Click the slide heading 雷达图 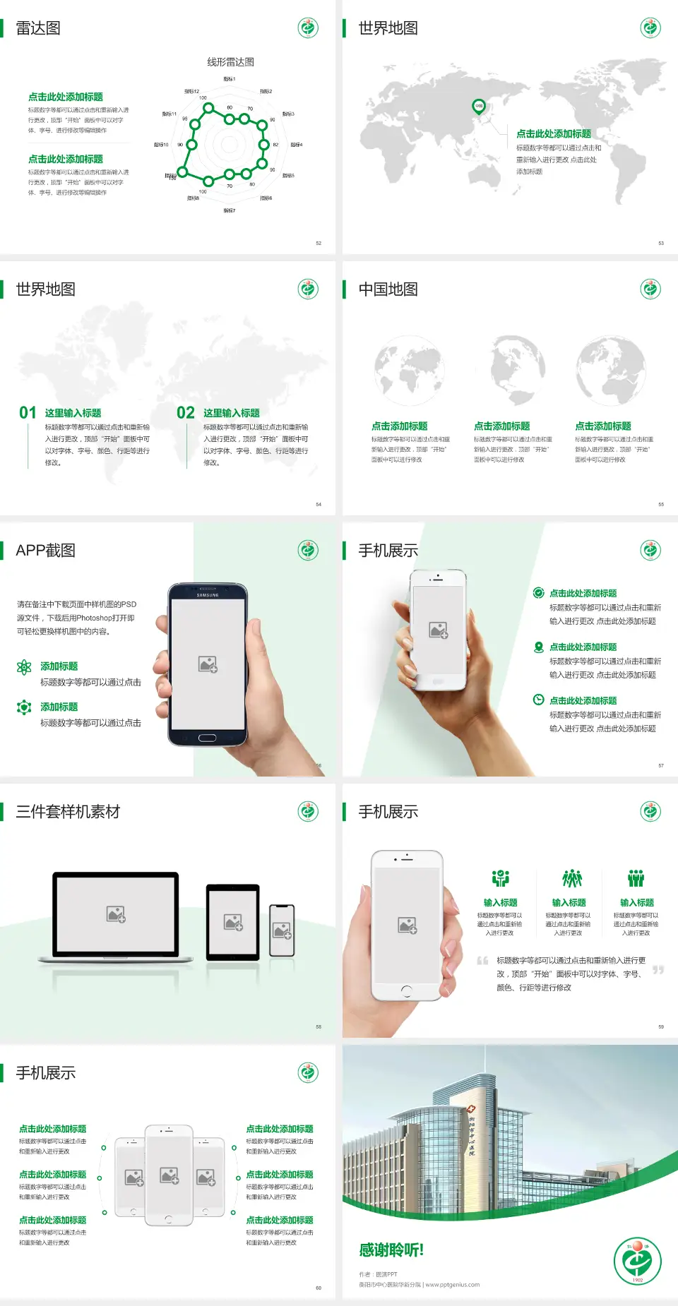[x=38, y=28]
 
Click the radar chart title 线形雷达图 [x=230, y=62]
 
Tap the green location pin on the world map [x=478, y=107]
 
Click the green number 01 [x=28, y=413]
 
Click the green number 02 [x=186, y=413]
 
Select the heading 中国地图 [x=388, y=289]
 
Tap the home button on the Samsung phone [x=207, y=738]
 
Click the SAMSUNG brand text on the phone [x=208, y=595]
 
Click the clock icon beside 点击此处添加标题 [x=538, y=700]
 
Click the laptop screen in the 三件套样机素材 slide [x=116, y=914]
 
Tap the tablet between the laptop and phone [x=233, y=922]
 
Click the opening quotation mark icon [x=482, y=961]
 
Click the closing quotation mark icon [x=658, y=970]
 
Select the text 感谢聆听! [x=391, y=1250]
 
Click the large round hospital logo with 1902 [x=638, y=1262]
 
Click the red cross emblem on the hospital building [x=471, y=1110]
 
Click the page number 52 [x=319, y=243]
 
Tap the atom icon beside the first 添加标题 [x=24, y=667]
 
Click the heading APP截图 [x=45, y=551]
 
